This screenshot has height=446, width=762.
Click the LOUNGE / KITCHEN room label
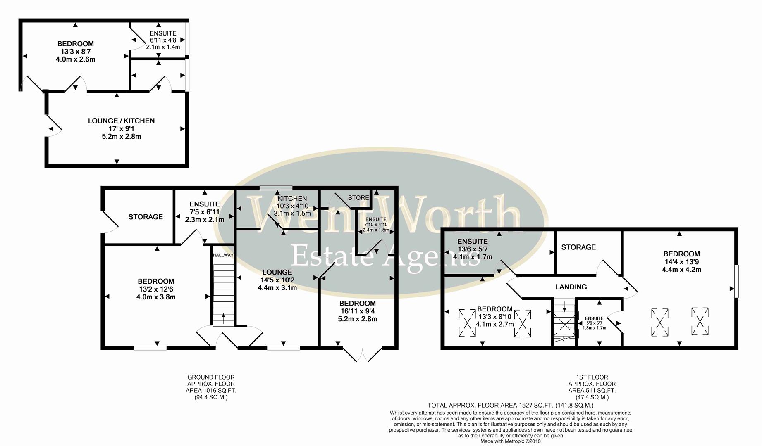pos(121,121)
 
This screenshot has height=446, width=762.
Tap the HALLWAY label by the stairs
pos(223,255)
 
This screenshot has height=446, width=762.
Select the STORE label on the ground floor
pos(358,198)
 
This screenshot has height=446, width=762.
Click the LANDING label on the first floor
pos(571,287)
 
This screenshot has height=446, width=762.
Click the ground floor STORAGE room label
pos(146,217)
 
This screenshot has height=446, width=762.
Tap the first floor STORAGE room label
pos(578,247)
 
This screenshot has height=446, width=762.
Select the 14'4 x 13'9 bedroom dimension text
pos(681,262)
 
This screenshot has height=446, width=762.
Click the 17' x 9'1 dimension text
pos(121,129)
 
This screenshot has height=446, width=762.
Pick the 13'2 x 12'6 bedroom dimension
pos(156,289)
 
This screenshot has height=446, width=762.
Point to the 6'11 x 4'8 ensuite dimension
pos(163,40)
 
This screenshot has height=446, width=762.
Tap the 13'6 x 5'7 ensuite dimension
pos(473,249)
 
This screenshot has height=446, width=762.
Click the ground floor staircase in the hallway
pos(223,293)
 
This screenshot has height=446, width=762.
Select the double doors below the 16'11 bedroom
pos(362,354)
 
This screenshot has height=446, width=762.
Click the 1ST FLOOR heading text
pos(592,377)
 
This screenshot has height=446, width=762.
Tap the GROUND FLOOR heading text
pos(211,377)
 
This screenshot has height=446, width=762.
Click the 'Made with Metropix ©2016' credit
pos(510,441)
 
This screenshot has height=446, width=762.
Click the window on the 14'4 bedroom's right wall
pos(736,281)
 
